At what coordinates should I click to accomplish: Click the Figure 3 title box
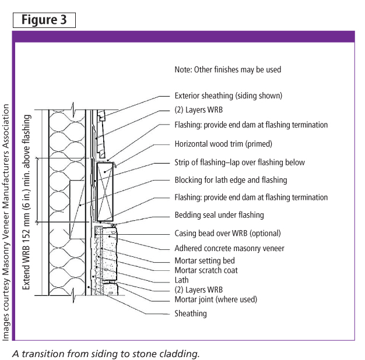(x=44, y=20)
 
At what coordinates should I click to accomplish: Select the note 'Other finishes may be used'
(x=237, y=69)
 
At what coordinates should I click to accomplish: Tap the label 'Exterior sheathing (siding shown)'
(x=229, y=96)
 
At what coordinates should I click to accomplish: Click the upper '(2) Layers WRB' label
(x=199, y=110)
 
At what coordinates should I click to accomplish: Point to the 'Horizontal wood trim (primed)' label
(x=223, y=144)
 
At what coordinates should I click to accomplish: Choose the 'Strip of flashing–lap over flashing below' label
(x=240, y=163)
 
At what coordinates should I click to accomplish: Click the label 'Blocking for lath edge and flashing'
(x=231, y=180)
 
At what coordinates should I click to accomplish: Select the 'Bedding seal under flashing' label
(x=219, y=215)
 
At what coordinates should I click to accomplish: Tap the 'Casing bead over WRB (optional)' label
(x=227, y=233)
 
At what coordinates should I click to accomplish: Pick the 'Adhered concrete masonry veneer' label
(x=229, y=248)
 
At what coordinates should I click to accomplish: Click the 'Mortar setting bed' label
(x=205, y=261)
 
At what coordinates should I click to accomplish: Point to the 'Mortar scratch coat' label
(x=206, y=270)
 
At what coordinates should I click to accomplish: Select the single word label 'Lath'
(x=181, y=280)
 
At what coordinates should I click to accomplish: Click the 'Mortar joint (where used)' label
(x=216, y=299)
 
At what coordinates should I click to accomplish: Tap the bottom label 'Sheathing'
(x=191, y=313)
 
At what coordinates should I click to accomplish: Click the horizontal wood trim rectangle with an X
(x=105, y=192)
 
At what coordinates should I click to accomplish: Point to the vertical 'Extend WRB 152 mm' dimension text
(x=26, y=202)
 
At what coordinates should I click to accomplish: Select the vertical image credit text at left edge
(x=6, y=223)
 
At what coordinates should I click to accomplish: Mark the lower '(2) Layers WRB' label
(x=199, y=290)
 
